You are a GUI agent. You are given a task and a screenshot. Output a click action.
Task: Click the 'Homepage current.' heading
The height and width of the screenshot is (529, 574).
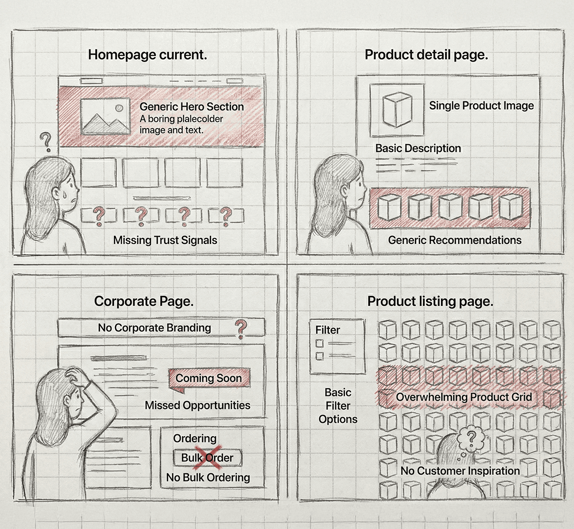point(147,55)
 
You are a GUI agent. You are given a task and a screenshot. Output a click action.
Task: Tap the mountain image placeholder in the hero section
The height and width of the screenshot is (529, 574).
point(105,116)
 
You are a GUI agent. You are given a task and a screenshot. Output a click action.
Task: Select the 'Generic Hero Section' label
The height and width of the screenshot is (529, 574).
point(192,107)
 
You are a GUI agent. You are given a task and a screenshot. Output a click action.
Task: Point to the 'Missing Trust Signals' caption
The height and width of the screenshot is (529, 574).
point(165,240)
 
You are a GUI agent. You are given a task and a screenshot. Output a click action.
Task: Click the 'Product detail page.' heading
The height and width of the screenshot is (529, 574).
point(427,55)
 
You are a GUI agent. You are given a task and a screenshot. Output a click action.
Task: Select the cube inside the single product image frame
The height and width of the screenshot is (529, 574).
point(397,110)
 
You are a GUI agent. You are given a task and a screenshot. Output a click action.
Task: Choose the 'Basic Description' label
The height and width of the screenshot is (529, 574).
point(418,148)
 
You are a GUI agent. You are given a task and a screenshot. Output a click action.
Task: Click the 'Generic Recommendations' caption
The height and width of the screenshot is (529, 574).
point(455,240)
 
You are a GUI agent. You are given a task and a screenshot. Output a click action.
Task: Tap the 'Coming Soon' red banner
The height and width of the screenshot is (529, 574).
point(209,379)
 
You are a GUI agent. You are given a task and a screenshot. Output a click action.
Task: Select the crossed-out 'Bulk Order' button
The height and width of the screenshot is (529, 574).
point(207,458)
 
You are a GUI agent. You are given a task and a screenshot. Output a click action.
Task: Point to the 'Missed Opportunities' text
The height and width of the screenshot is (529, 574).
point(197,405)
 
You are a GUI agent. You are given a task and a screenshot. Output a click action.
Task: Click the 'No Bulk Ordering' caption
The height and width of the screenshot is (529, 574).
point(208,477)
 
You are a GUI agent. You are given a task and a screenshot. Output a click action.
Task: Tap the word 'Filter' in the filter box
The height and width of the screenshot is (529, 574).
point(327,330)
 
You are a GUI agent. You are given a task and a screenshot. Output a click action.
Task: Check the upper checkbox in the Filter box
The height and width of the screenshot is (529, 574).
point(319,343)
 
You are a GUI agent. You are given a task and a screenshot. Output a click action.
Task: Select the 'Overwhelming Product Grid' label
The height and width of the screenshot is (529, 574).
point(464,397)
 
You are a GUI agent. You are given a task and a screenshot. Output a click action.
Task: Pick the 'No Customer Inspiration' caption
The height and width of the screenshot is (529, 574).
point(460,471)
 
